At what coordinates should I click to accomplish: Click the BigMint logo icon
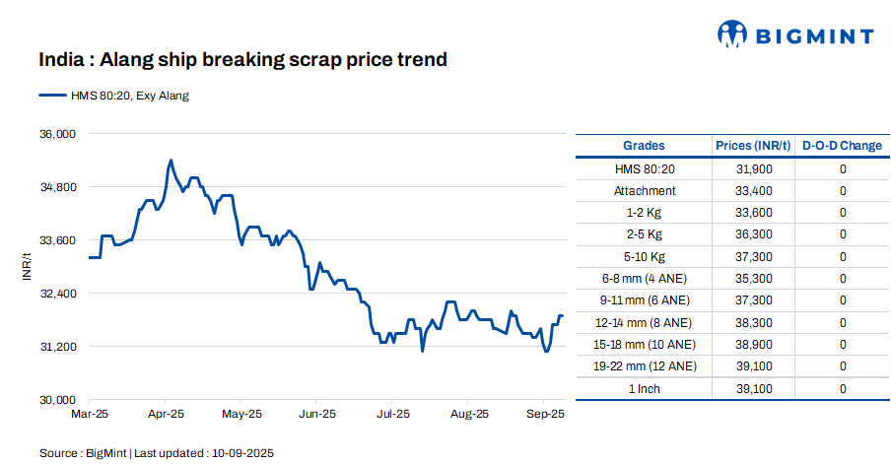[732, 35]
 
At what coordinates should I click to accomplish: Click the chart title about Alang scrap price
[242, 60]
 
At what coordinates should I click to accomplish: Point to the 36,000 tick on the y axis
[57, 133]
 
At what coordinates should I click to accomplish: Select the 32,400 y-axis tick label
[57, 294]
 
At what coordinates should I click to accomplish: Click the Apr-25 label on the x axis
[166, 415]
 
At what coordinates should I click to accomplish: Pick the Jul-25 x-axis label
[393, 415]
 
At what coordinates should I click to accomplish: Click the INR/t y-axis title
[28, 267]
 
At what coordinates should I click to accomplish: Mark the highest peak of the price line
[171, 160]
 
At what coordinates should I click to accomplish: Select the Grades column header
[644, 146]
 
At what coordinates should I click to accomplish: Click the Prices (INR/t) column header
[753, 146]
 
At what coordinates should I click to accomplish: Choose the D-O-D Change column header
[842, 146]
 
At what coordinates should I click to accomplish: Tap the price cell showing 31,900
[753, 169]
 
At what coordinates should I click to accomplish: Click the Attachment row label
[644, 191]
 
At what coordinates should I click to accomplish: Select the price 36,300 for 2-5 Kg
[753, 234]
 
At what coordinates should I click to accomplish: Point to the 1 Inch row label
[644, 388]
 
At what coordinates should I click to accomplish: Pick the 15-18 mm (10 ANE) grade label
[644, 345]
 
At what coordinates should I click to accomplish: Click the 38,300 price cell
[753, 322]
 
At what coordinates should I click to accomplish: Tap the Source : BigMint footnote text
[156, 453]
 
